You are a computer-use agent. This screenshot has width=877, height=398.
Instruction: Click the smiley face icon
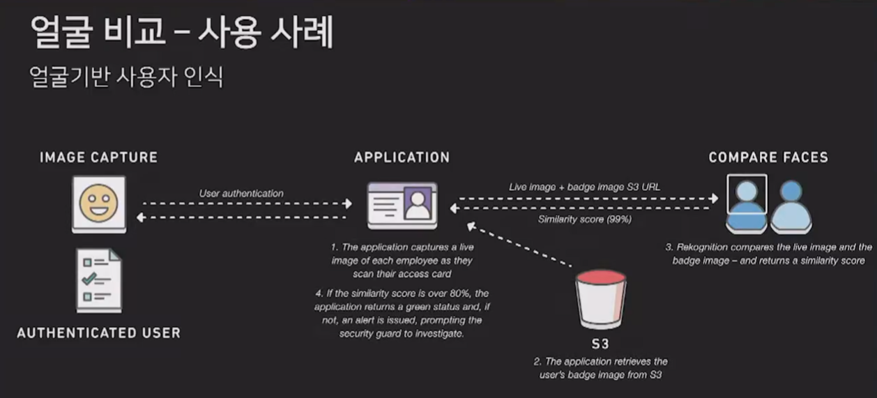click(98, 203)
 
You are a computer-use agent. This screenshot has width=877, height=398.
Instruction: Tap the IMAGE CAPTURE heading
click(98, 158)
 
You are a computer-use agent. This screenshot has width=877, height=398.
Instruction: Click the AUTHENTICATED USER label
click(98, 333)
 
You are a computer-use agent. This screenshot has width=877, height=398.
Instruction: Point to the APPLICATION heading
click(402, 158)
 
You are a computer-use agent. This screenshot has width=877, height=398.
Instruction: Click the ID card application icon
click(402, 206)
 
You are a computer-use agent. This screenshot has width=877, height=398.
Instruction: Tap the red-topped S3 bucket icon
click(601, 300)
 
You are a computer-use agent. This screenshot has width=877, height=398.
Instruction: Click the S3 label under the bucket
click(600, 344)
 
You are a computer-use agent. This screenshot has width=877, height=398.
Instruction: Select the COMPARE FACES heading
click(768, 158)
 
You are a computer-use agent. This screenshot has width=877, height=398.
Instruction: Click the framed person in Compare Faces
click(747, 203)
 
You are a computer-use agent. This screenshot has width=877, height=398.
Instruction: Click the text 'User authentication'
click(241, 193)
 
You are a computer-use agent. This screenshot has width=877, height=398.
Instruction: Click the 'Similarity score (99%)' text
click(584, 219)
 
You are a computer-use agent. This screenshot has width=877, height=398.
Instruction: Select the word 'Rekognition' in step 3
click(706, 247)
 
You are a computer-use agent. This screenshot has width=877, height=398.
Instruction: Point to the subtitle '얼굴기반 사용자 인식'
click(126, 76)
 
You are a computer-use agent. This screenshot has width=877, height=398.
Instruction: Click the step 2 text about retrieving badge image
click(600, 369)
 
